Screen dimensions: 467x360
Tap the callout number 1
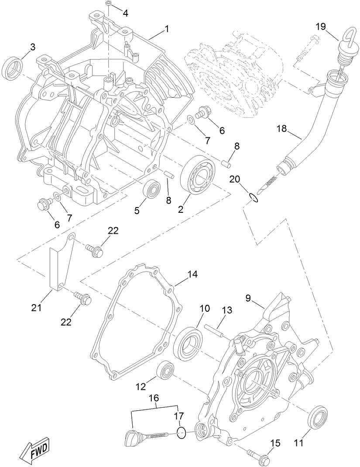coord(166,29)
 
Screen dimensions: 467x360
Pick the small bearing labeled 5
coord(152,190)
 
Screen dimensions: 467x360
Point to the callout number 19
coord(321,27)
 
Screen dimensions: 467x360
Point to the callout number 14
coord(192,274)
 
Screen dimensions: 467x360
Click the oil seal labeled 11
coord(318,418)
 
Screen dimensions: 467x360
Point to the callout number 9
coord(248,299)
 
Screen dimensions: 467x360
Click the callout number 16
coord(154,398)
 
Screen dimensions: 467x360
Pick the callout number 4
coord(125,13)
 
